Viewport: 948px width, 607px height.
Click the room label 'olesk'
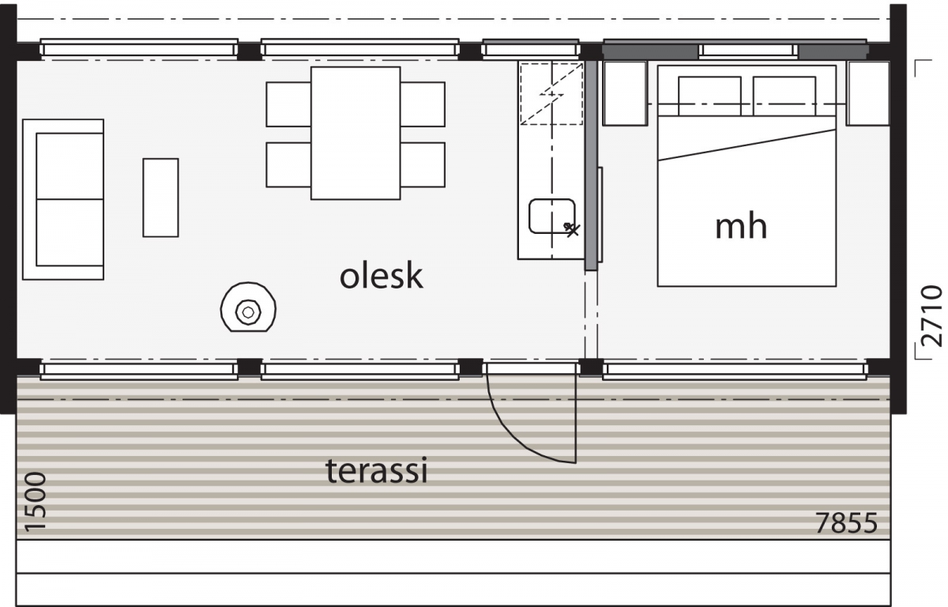click(x=382, y=276)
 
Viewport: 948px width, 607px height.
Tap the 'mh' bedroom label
click(x=741, y=227)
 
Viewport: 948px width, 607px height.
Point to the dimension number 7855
click(x=846, y=523)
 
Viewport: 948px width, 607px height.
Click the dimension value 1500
click(x=35, y=502)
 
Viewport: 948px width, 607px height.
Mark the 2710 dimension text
click(x=931, y=316)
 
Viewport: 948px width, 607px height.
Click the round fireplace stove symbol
click(x=248, y=307)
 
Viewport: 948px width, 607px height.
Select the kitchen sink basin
click(x=552, y=216)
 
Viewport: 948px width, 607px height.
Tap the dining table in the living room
click(x=355, y=133)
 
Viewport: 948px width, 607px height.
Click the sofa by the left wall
click(x=63, y=199)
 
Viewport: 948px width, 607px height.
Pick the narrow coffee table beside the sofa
click(x=160, y=198)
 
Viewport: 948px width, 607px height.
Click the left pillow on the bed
click(x=709, y=96)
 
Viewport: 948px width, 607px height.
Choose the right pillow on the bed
click(x=784, y=96)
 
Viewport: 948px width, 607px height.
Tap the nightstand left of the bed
click(x=625, y=93)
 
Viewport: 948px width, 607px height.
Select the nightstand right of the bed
click(x=868, y=93)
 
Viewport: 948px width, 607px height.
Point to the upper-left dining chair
click(x=288, y=104)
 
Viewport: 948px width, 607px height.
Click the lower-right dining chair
click(x=423, y=164)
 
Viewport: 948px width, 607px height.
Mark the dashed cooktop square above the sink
click(x=551, y=93)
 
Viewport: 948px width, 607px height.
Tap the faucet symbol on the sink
click(x=571, y=229)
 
